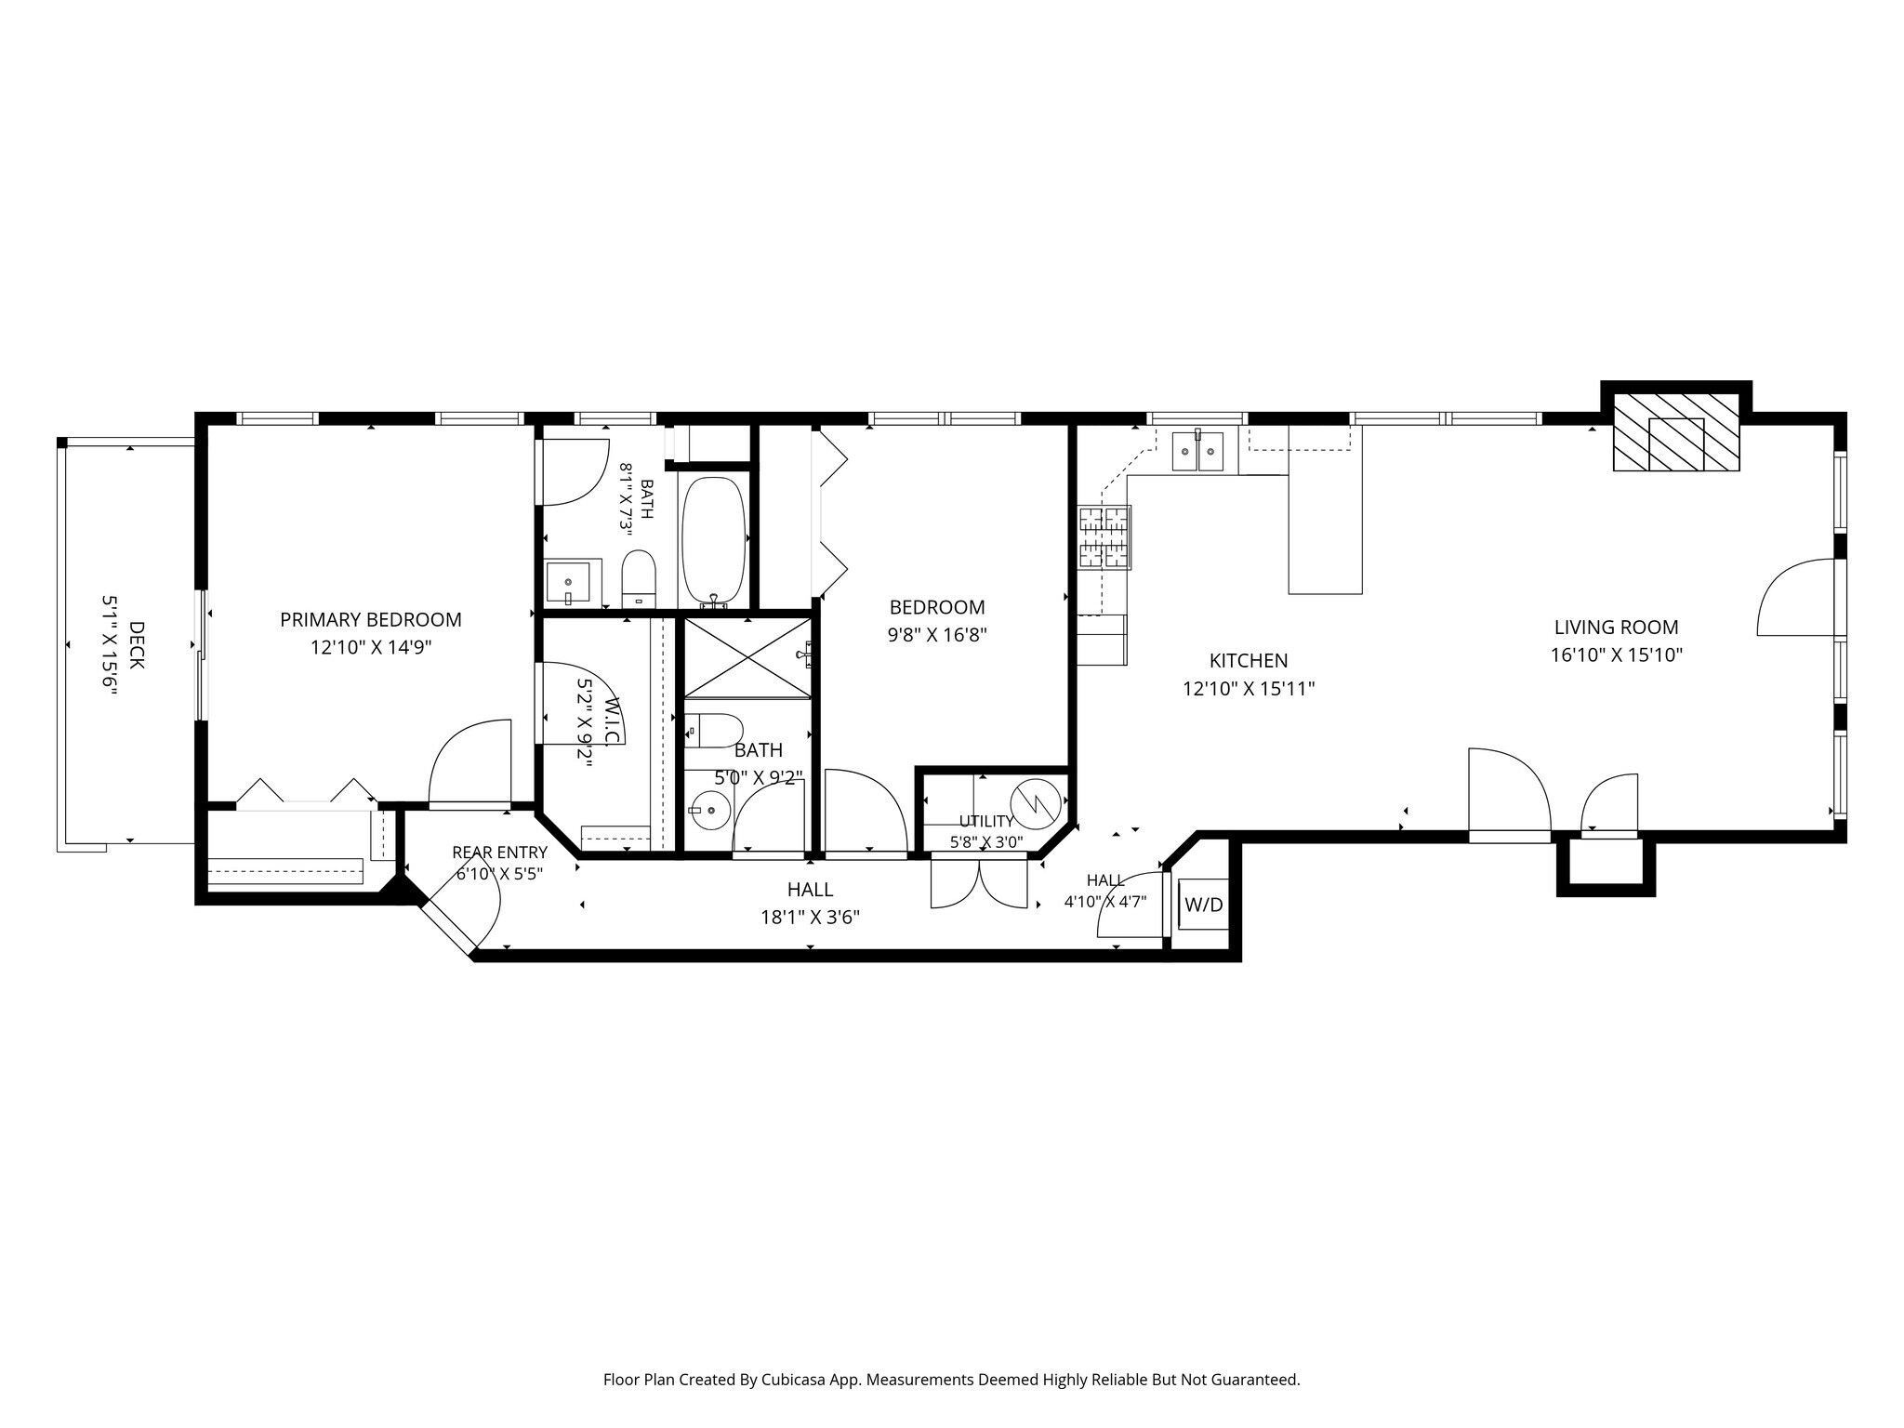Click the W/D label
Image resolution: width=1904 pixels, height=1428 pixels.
pyautogui.click(x=1203, y=905)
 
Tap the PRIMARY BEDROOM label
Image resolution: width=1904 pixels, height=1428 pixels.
pyautogui.click(x=371, y=620)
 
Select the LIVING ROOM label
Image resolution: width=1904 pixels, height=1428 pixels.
pyautogui.click(x=1616, y=628)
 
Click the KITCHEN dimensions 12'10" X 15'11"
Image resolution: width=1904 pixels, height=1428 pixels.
pyautogui.click(x=1249, y=689)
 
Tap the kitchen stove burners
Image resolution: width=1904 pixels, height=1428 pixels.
pyautogui.click(x=1104, y=536)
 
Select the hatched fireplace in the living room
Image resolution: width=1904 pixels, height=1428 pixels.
pyautogui.click(x=1675, y=431)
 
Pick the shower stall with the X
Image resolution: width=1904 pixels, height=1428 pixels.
pyautogui.click(x=748, y=657)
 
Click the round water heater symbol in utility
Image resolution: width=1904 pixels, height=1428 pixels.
pyautogui.click(x=1035, y=802)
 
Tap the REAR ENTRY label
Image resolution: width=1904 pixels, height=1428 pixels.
pyautogui.click(x=499, y=853)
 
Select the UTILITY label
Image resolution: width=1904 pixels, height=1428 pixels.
pyautogui.click(x=986, y=822)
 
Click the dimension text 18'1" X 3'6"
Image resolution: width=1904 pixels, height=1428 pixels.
pyautogui.click(x=810, y=918)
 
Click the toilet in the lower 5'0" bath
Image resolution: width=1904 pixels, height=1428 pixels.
pyautogui.click(x=714, y=731)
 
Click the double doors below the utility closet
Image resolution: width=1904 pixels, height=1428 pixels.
pyautogui.click(x=979, y=882)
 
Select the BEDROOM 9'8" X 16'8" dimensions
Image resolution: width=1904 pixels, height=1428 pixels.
pyautogui.click(x=937, y=636)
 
